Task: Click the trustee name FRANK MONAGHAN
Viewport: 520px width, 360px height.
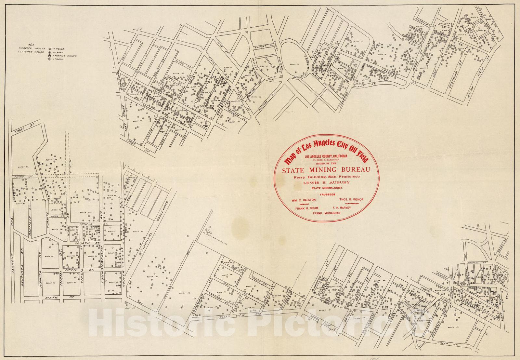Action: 326,213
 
